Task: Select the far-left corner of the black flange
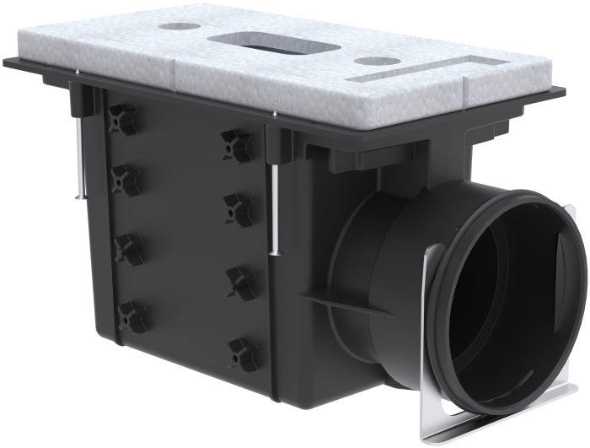(x=7, y=61)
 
